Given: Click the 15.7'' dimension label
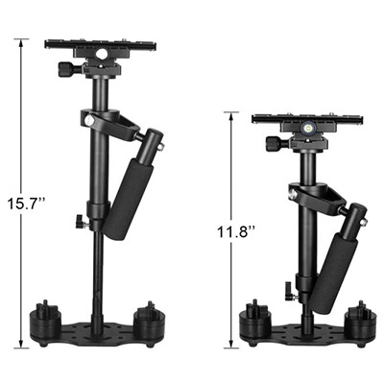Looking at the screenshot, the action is click(x=26, y=204).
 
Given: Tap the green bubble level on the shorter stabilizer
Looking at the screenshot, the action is click(x=307, y=129).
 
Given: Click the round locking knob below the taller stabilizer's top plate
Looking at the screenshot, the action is click(x=65, y=68).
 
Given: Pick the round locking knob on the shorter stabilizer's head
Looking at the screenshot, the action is click(x=275, y=142).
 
